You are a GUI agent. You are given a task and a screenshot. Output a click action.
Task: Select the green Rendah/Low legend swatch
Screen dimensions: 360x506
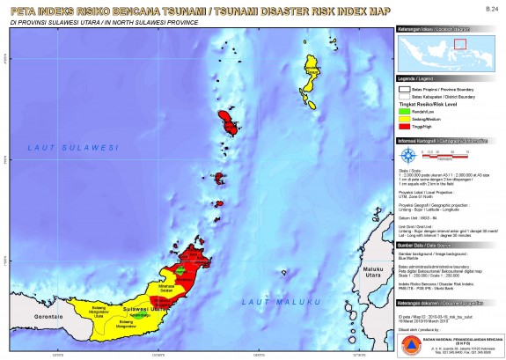point(405,110)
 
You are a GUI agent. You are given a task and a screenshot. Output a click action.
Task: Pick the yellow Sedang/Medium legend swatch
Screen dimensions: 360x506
point(405,117)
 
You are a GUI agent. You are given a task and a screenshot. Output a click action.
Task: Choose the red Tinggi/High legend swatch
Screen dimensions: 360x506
point(405,124)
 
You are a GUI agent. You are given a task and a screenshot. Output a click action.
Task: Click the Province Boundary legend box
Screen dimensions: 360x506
point(405,89)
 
